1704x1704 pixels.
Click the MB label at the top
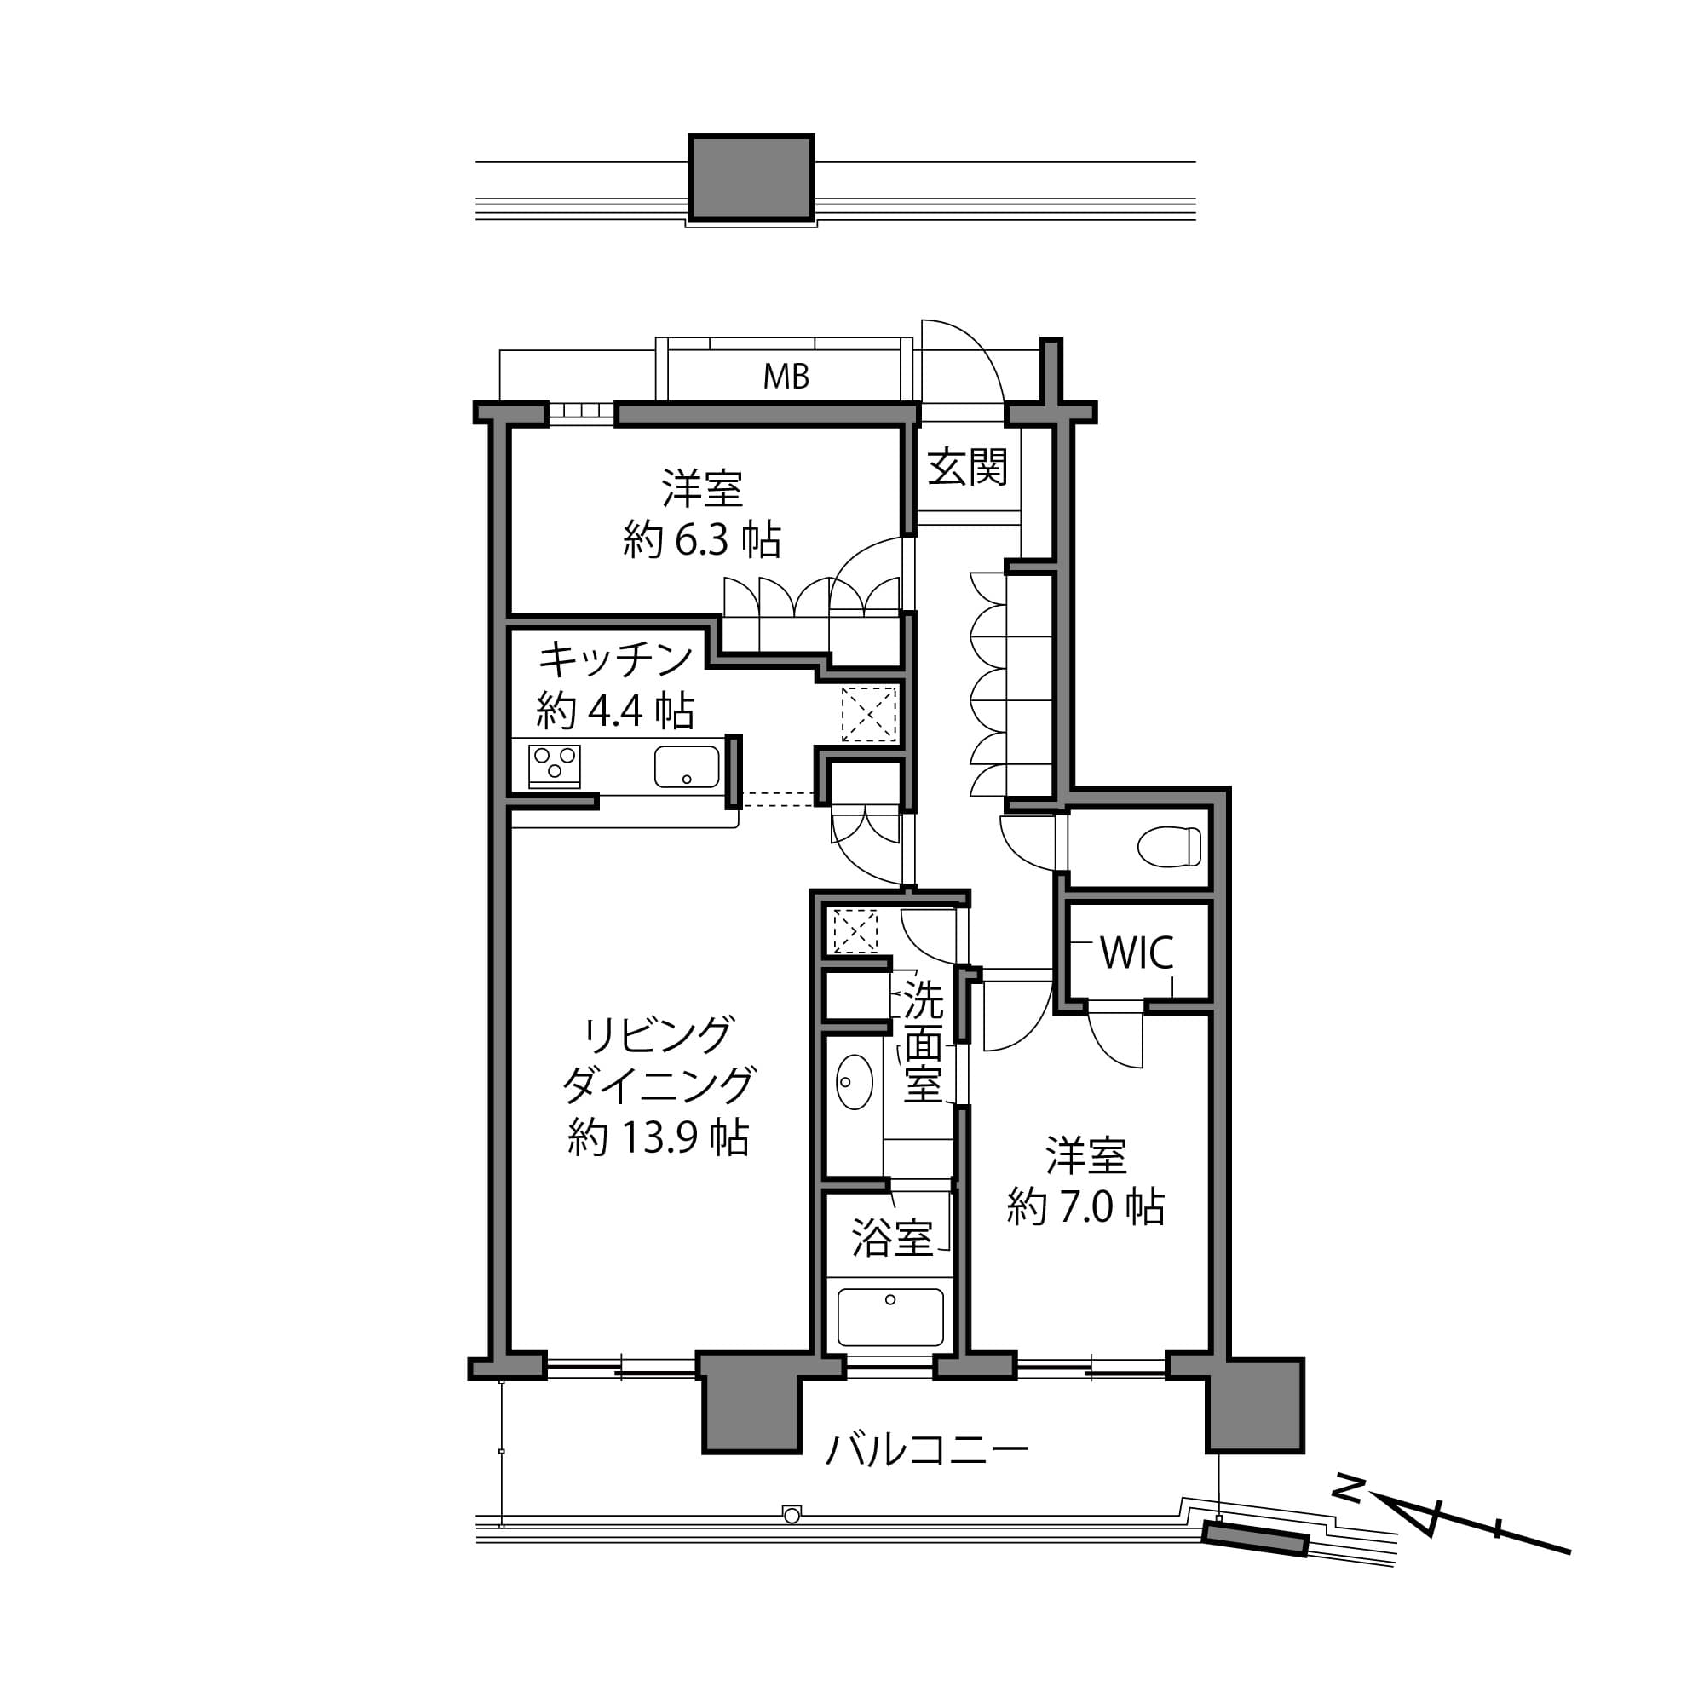785,377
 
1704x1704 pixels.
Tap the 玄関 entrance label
967,467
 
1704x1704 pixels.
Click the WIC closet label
1136,953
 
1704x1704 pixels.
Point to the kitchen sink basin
686,767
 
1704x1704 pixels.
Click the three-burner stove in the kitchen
554,766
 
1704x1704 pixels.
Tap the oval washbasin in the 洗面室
853,1081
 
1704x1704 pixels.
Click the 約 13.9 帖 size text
658,1137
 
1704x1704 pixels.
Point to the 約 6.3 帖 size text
701,539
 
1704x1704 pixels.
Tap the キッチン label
616,659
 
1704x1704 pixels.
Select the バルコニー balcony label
926,1450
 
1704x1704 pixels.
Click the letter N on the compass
1347,1489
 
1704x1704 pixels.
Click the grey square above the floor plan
751,177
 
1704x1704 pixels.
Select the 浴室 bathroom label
892,1238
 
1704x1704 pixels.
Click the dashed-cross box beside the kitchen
868,712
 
